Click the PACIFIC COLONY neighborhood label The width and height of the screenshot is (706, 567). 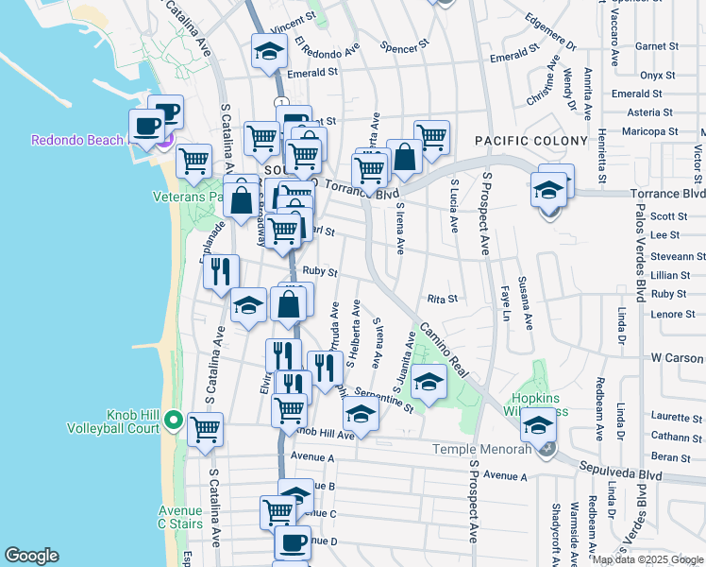(523, 140)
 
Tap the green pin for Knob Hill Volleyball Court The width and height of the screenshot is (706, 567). (173, 419)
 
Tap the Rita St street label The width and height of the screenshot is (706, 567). (442, 299)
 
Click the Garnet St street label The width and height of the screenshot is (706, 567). (650, 46)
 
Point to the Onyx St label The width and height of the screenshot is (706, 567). (657, 75)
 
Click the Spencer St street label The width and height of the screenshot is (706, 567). (404, 44)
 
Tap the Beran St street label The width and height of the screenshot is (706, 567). (671, 456)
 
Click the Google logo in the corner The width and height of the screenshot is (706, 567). (31, 556)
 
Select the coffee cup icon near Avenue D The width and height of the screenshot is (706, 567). (292, 542)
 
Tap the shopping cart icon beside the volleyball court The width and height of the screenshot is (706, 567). (205, 430)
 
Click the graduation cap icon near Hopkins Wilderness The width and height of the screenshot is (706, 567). (538, 426)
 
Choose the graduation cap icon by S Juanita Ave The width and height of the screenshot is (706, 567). (429, 382)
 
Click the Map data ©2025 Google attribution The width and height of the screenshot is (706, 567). (647, 559)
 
